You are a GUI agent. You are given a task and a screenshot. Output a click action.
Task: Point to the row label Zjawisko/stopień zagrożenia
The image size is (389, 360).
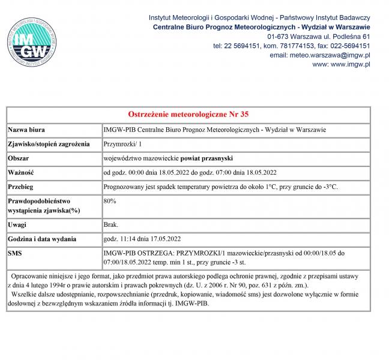pyautogui.click(x=49, y=144)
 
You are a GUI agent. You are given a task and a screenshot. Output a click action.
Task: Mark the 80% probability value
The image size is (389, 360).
pyautogui.click(x=110, y=201)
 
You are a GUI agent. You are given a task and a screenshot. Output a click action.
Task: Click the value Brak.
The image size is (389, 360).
pyautogui.click(x=111, y=224)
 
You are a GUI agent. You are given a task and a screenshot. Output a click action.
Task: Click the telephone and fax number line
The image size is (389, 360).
pyautogui.click(x=291, y=46)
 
